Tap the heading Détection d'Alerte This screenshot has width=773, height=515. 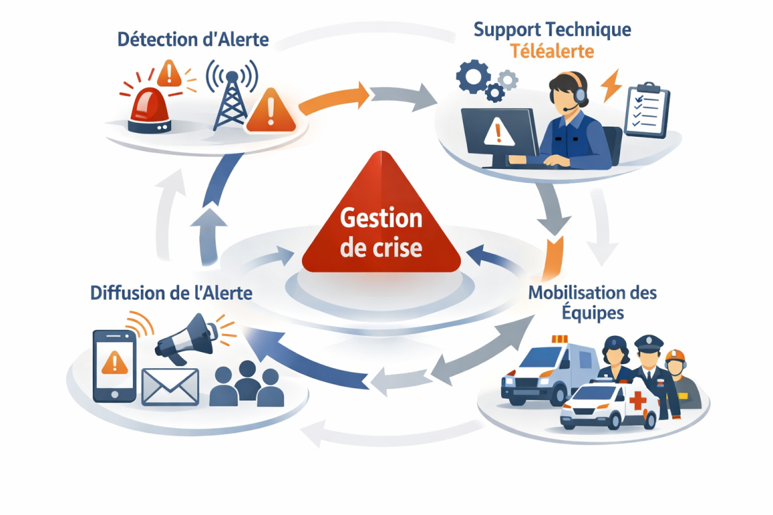point(193,39)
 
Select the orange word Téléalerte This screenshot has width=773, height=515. point(552,52)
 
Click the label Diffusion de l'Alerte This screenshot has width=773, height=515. point(171,293)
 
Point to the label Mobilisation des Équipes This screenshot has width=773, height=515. point(592,302)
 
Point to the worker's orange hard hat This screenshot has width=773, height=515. point(674,355)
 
